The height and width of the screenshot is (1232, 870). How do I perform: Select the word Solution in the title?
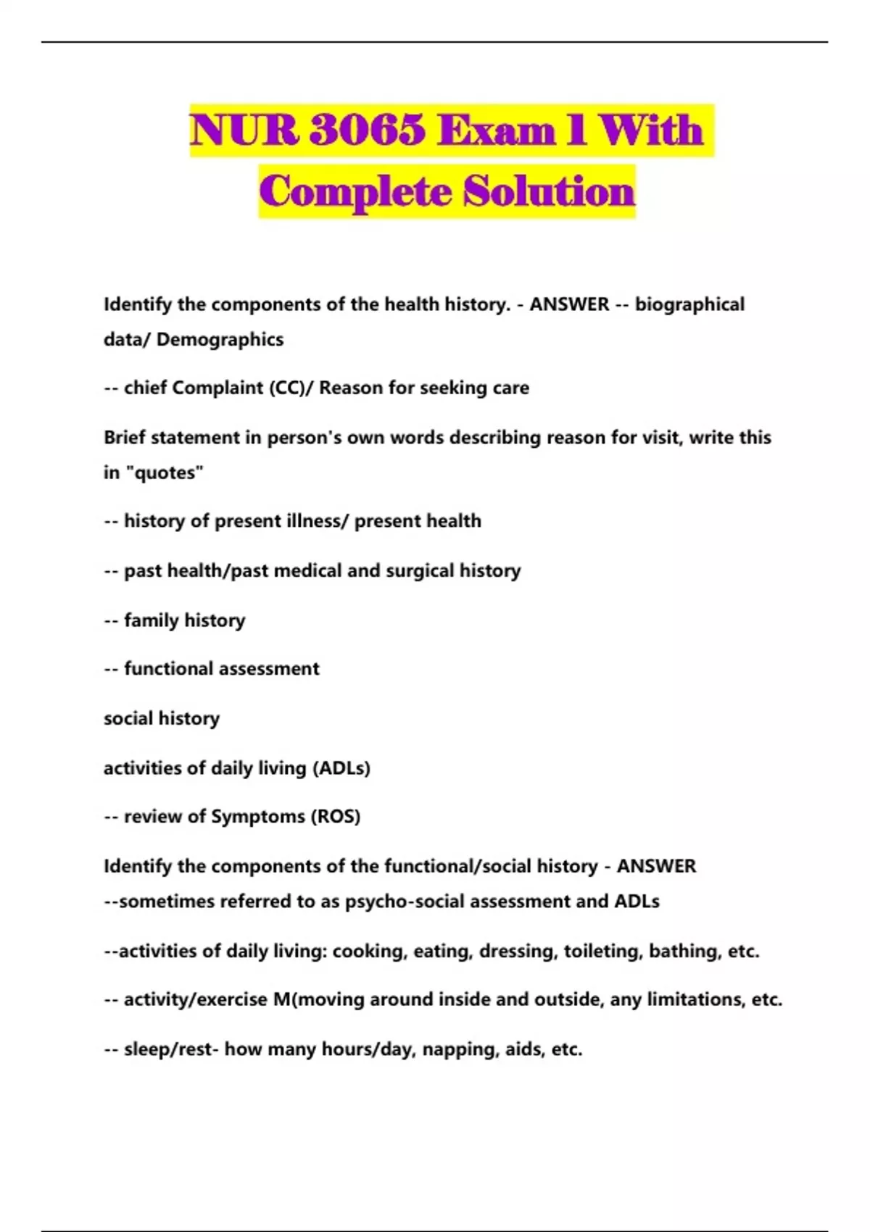point(549,191)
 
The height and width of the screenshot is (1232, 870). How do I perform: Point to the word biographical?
point(689,304)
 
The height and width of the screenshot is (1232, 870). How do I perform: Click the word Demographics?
point(220,339)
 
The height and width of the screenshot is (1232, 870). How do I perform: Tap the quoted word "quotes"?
point(165,473)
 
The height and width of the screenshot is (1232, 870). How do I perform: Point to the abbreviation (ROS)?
point(336,817)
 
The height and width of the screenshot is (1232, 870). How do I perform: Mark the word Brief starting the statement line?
point(125,438)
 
